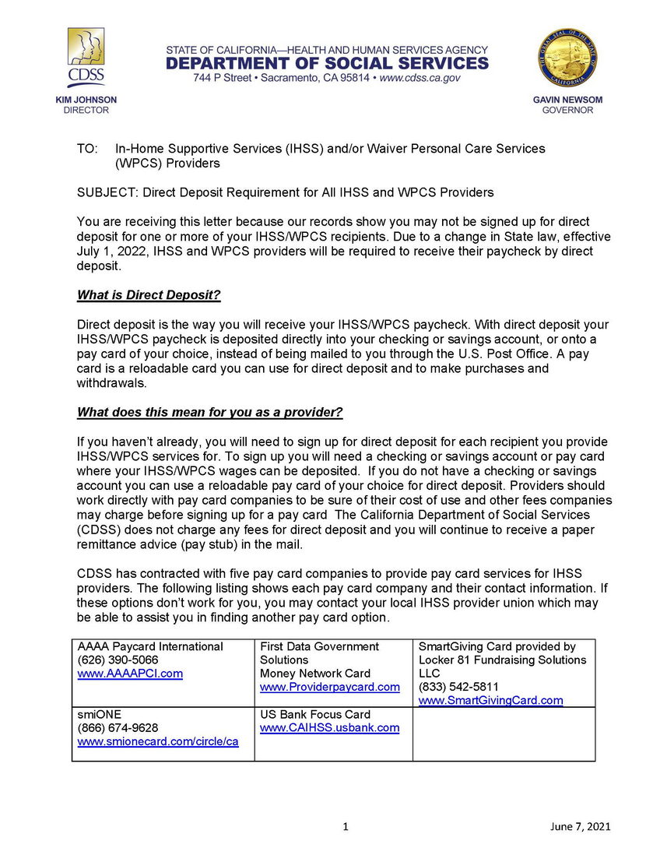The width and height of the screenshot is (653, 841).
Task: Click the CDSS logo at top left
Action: pos(86,59)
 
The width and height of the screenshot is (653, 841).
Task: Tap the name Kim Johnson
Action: pos(86,100)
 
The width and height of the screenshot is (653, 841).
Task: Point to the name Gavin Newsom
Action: pos(567,100)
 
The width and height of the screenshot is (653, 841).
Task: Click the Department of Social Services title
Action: pos(327,63)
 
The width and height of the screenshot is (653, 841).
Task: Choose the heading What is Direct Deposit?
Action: pos(149,296)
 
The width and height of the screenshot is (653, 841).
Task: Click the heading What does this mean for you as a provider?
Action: pos(209,411)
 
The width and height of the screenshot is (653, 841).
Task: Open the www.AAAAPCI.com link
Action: pos(130,674)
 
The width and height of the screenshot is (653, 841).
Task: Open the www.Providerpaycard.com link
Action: pos(329,687)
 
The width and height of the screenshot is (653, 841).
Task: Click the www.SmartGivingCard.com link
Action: pos(490,700)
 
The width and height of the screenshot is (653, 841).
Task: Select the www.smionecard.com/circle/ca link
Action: pos(158,741)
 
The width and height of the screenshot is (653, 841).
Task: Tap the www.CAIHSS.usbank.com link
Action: pos(329,728)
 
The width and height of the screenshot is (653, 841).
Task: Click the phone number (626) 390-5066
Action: pos(118,660)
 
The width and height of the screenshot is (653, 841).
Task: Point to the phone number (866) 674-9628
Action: pos(118,728)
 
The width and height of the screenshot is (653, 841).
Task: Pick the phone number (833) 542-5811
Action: pos(458,687)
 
